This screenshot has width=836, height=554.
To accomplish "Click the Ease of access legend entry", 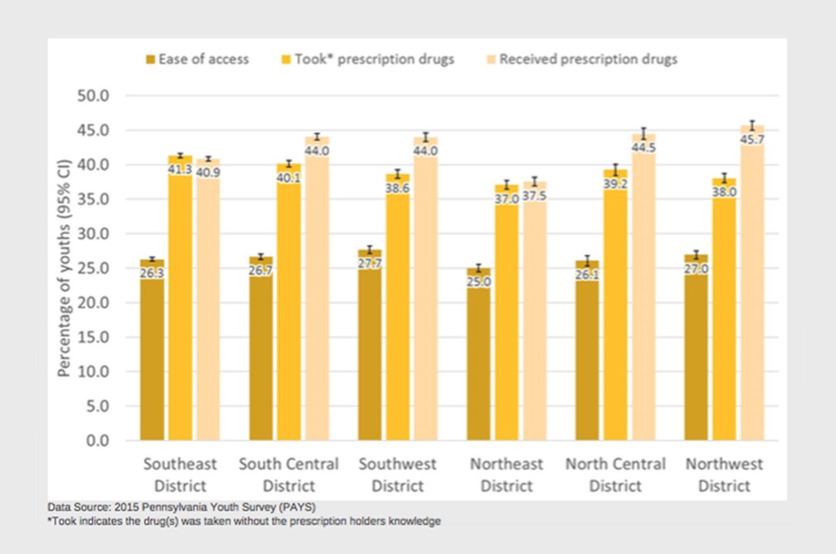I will [x=197, y=59].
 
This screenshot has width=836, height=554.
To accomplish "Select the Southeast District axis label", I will [x=180, y=475].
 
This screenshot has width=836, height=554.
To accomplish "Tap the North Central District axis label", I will [x=615, y=475].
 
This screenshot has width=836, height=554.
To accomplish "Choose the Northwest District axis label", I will [x=724, y=475].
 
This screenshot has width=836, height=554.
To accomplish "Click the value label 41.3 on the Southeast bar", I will [x=180, y=169].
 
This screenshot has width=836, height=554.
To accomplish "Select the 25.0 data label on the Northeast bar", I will [x=478, y=282].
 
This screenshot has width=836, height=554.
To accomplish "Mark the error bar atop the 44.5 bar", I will [x=643, y=134].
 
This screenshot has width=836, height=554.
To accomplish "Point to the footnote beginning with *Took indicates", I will [x=244, y=521].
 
